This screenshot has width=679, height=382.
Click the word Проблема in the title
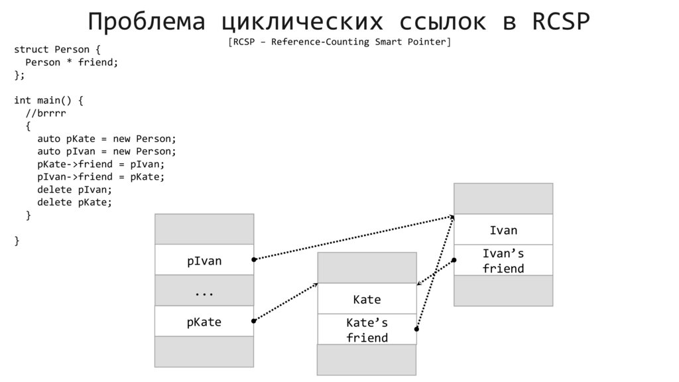(x=147, y=22)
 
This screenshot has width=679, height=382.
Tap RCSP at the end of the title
(x=560, y=22)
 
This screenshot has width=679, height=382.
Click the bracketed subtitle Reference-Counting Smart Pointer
(x=339, y=42)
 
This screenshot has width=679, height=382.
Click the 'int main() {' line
(x=48, y=100)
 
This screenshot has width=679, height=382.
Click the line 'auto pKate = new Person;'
(x=107, y=139)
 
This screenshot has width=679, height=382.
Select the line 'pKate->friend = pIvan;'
(x=101, y=164)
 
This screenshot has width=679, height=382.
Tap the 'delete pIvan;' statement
(x=74, y=190)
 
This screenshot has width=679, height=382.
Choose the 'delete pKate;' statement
(x=74, y=202)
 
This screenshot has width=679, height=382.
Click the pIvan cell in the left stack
(x=204, y=261)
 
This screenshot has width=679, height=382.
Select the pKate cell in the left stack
(x=204, y=322)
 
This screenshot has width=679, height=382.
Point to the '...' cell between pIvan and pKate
(x=204, y=291)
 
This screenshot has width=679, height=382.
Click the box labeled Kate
(x=367, y=299)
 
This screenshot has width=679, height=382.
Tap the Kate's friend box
(x=367, y=330)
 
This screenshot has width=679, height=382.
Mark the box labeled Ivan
(x=503, y=230)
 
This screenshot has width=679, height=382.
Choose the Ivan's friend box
(x=503, y=261)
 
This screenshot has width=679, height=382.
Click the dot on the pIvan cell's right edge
(x=254, y=259)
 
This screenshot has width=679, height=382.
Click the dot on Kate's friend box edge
(x=416, y=329)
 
